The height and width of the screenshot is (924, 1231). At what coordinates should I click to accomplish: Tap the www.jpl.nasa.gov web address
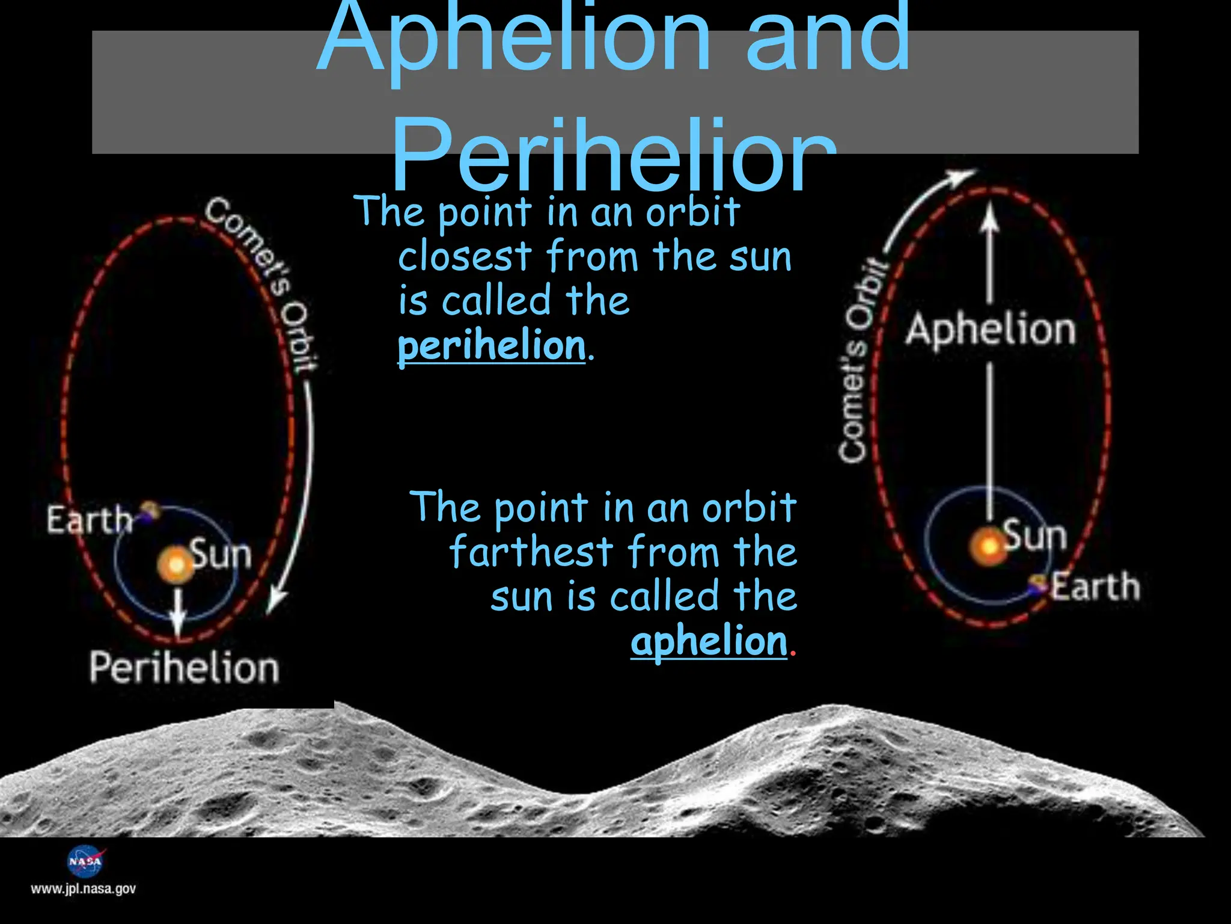point(84,889)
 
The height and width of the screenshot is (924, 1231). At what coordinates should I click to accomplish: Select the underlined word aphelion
point(709,641)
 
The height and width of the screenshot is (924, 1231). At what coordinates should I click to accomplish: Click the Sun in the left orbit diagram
point(176,564)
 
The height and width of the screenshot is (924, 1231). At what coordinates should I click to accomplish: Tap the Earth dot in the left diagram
point(148,511)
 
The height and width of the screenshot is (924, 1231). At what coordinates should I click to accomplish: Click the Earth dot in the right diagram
point(1037,584)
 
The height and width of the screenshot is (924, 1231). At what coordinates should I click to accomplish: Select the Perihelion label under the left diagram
point(185,668)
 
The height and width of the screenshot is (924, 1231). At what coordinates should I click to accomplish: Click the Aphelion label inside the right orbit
point(991,330)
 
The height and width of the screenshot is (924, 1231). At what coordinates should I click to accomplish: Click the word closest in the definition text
point(465,257)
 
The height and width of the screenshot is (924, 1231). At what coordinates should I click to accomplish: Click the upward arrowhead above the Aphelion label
point(989,220)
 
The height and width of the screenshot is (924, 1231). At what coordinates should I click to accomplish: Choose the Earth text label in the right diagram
point(1095,587)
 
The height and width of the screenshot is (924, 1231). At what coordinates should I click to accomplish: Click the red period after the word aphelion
point(793,652)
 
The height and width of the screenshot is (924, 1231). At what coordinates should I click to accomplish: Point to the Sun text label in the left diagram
point(221,554)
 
